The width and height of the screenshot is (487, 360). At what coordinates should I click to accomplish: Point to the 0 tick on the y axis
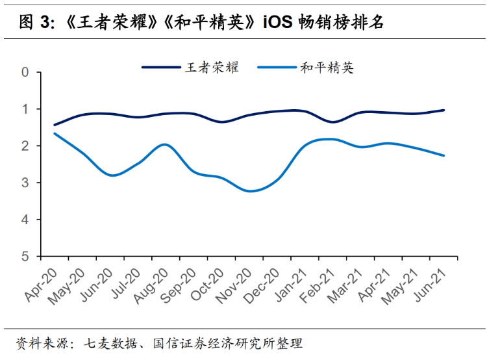26,71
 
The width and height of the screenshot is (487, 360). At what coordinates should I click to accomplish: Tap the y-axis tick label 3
26,183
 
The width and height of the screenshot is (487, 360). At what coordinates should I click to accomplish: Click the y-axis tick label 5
26,257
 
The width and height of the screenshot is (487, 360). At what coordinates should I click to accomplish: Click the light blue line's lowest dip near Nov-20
250,191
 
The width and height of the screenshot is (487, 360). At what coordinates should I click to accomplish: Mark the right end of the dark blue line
444,110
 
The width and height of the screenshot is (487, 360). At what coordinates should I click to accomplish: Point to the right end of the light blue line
444,156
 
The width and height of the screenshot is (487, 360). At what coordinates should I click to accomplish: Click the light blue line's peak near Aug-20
165,144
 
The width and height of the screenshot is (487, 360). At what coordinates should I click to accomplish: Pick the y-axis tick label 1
26,109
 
